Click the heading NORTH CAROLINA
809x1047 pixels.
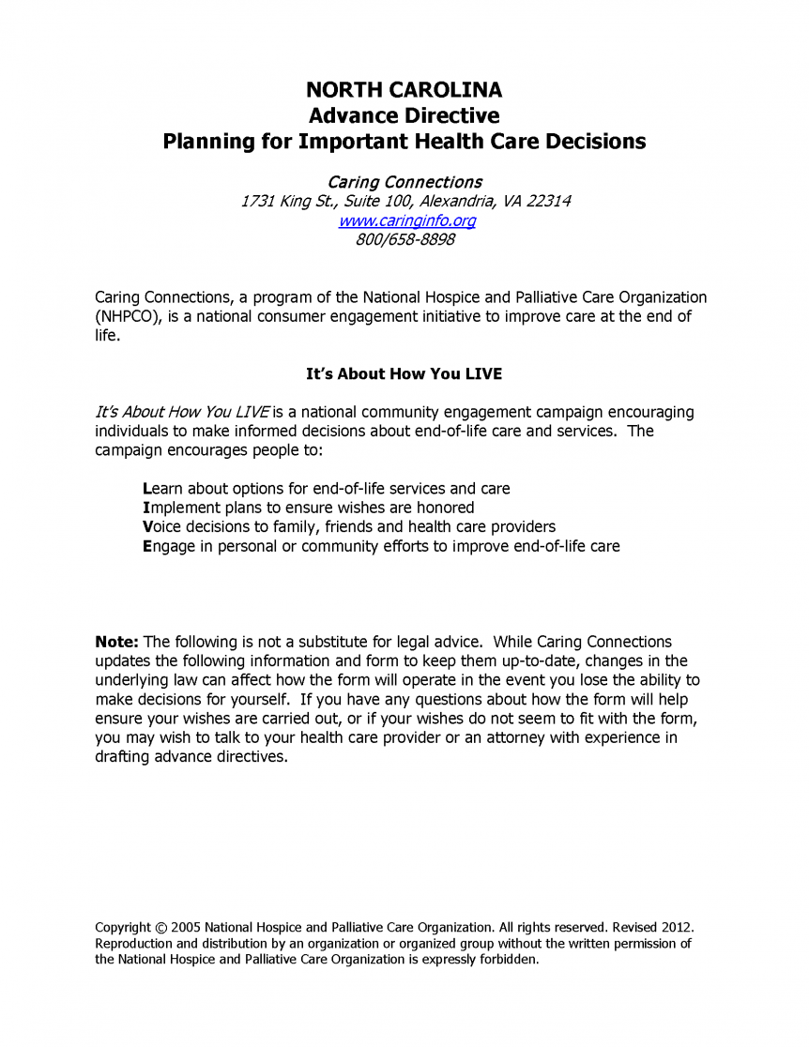[x=404, y=90]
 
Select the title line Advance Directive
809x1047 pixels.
[x=404, y=116]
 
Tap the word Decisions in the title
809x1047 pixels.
[x=596, y=142]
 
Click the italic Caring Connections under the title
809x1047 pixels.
[x=404, y=182]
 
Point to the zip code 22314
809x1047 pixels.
[x=548, y=202]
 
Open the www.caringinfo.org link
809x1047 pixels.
[x=405, y=220]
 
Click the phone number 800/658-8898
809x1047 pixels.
[x=404, y=239]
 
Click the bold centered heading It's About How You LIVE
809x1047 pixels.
[x=404, y=373]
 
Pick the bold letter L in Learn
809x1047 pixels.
[x=146, y=489]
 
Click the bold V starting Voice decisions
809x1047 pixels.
[x=147, y=526]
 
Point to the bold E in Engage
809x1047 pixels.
[x=147, y=546]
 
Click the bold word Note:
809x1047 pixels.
[x=117, y=642]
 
